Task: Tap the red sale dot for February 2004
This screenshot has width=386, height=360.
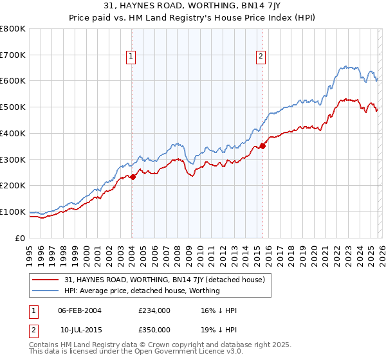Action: [132, 177]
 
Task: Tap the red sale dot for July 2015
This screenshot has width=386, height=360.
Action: [262, 146]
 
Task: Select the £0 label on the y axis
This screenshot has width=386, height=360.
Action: [21, 238]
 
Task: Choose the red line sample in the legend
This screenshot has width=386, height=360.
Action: [46, 280]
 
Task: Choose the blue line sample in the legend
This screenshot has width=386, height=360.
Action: [46, 291]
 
